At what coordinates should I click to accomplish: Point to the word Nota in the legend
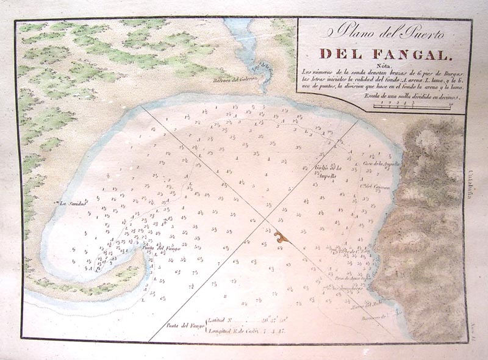tap(383, 67)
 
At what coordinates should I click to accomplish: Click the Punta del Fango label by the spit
tap(159, 249)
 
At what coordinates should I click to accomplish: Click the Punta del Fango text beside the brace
tap(184, 325)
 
